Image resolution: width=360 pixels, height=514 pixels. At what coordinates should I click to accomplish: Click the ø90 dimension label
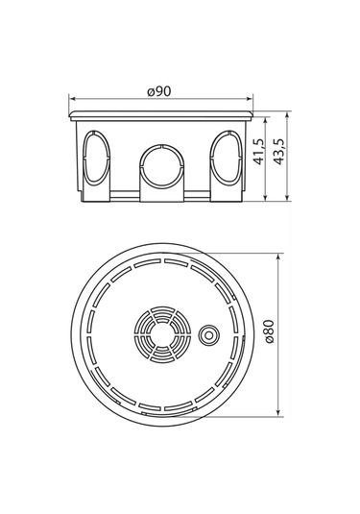click(159, 90)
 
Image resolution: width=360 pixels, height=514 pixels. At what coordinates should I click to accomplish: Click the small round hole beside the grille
click(207, 334)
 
